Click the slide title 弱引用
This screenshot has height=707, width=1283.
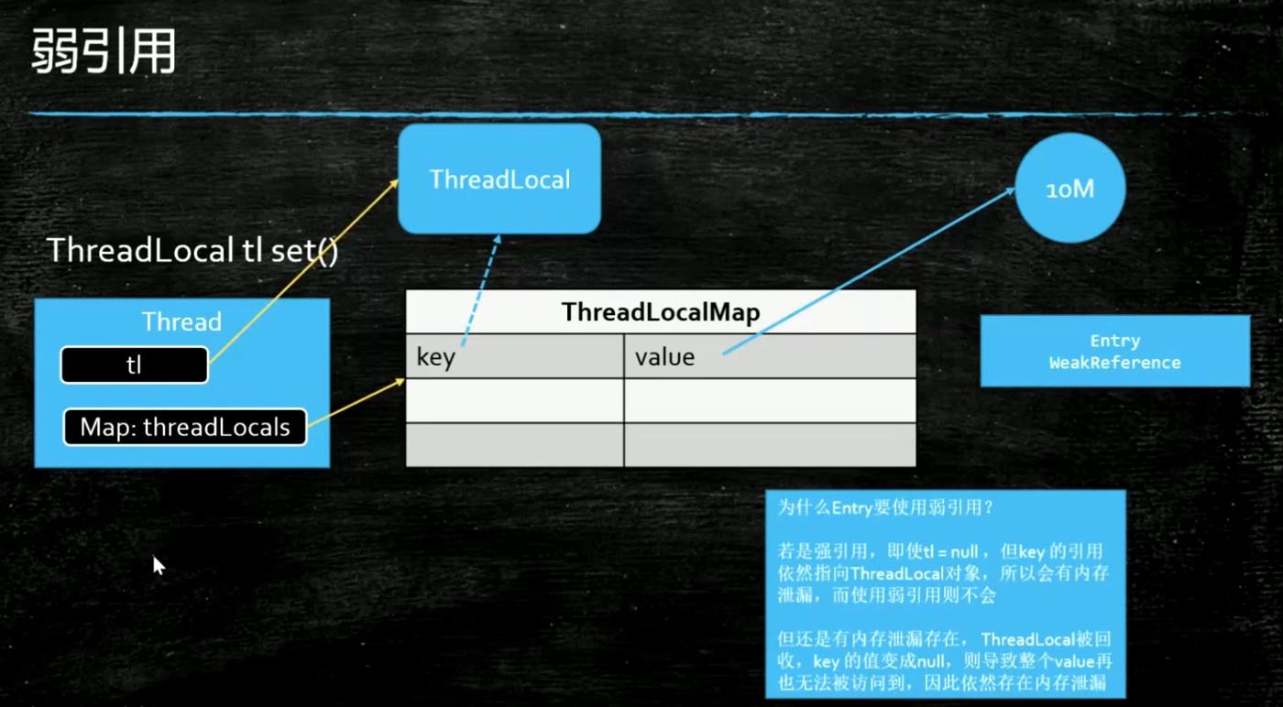click(x=103, y=52)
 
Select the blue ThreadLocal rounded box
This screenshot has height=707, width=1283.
click(x=499, y=179)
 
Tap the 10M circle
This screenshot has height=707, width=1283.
click(x=1069, y=190)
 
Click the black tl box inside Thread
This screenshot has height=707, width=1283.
click(x=134, y=365)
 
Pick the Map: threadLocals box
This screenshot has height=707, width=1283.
click(x=184, y=427)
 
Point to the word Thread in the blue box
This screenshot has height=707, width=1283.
click(x=181, y=321)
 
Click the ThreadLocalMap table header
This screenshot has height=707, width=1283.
click(x=660, y=312)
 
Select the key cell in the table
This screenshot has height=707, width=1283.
click(x=514, y=356)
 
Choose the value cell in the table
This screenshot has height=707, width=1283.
click(x=769, y=356)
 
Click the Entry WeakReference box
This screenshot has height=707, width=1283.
click(x=1114, y=352)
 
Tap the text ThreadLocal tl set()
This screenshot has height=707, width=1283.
click(x=192, y=251)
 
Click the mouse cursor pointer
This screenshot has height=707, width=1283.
click(x=158, y=564)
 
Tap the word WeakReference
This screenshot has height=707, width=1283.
click(x=1114, y=363)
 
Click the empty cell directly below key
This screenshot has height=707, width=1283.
click(x=514, y=400)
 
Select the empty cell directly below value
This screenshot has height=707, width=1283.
click(x=769, y=400)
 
